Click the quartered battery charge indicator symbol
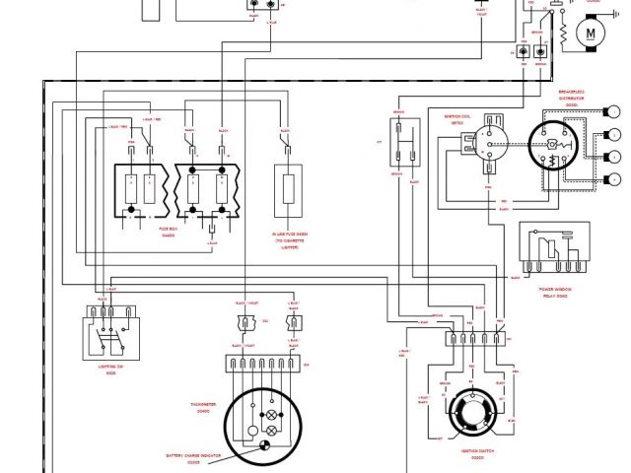pos(264,446)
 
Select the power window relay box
pos(553,251)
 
